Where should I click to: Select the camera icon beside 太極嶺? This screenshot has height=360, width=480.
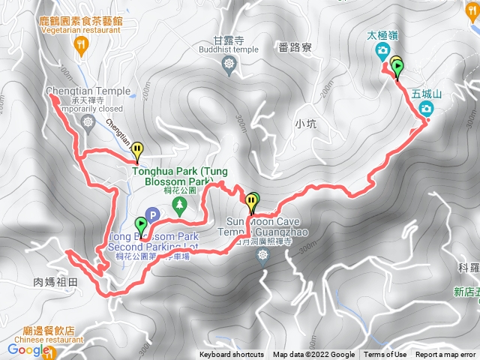pyautogui.click(x=382, y=51)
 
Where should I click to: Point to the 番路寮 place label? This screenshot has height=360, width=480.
pyautogui.click(x=294, y=46)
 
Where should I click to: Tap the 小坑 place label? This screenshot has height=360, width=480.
pyautogui.click(x=307, y=124)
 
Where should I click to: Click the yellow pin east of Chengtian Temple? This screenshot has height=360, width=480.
pyautogui.click(x=136, y=151)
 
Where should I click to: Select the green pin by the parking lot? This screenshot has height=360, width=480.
pyautogui.click(x=141, y=224)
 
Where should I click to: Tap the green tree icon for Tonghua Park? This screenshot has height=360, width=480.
pyautogui.click(x=178, y=204)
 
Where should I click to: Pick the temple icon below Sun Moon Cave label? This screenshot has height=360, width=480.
pyautogui.click(x=262, y=256)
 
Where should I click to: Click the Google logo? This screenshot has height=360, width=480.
pyautogui.click(x=28, y=349)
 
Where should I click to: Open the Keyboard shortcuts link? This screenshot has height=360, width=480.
pyautogui.click(x=232, y=355)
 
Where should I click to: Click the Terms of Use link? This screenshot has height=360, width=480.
pyautogui.click(x=385, y=355)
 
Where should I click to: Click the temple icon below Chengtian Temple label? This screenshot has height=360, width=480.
pyautogui.click(x=90, y=121)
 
